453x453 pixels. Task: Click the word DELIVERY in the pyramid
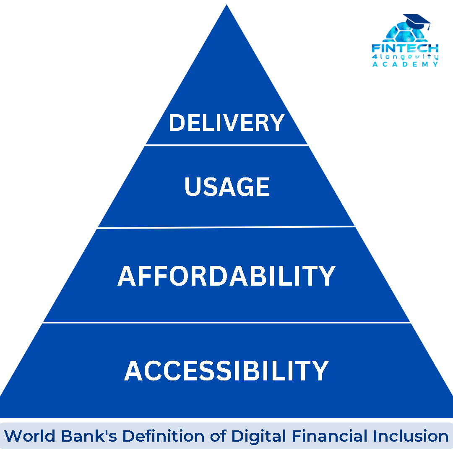227,122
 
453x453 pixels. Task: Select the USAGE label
227,187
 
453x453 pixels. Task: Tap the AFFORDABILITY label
226,276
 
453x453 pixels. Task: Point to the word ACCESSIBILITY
226,371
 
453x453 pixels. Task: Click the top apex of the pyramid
226,5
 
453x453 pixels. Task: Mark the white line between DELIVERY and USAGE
226,145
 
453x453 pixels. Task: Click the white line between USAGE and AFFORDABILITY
226,227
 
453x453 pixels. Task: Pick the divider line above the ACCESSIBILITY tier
226,323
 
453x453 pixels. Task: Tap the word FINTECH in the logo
405,48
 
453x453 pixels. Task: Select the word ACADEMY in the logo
405,64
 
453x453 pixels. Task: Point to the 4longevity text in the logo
405,57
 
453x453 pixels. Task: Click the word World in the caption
29,436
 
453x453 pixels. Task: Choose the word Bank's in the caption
89,436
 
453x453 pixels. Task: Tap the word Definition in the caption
164,436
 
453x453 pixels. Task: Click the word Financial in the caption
329,436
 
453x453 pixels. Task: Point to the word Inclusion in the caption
411,436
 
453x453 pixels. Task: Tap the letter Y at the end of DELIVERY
276,122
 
